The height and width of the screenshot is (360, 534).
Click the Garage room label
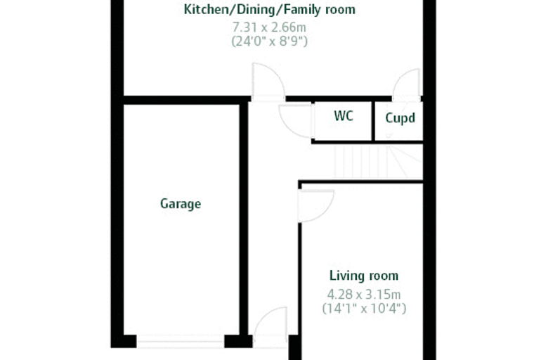(x=181, y=204)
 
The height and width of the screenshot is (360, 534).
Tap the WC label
(x=344, y=116)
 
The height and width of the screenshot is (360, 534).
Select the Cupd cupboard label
(x=400, y=118)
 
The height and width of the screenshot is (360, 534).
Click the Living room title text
(x=364, y=276)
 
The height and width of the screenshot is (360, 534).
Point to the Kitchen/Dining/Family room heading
(x=269, y=10)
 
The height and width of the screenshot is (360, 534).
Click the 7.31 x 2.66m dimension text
(x=269, y=27)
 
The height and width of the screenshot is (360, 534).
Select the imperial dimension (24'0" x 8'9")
(x=269, y=41)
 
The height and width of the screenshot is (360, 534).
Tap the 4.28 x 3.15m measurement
(x=364, y=294)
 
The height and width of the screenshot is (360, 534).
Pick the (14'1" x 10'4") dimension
(x=364, y=308)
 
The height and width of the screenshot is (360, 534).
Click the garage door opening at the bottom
(x=181, y=342)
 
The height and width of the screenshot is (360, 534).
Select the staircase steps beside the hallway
(x=378, y=162)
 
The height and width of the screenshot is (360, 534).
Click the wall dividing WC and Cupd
(x=373, y=121)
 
